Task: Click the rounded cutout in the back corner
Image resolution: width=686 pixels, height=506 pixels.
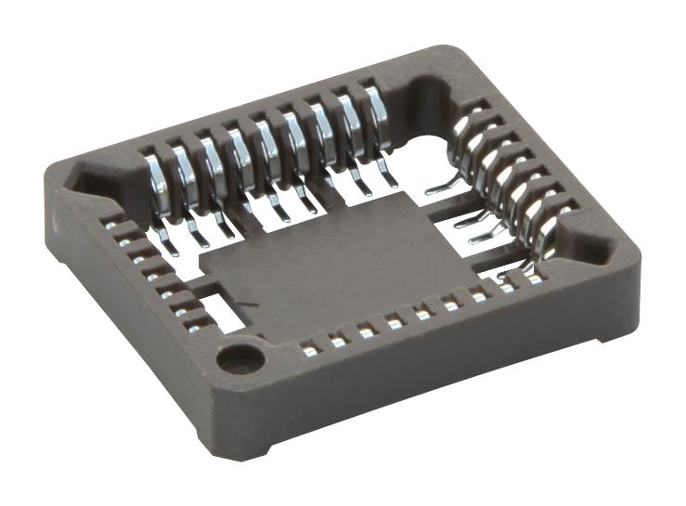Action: (x=429, y=93)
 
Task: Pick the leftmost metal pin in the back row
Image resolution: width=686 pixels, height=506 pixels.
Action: (x=155, y=182)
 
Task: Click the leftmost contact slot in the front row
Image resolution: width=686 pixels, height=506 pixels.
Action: (x=309, y=350)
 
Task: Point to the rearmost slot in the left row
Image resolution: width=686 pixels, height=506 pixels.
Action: (x=110, y=224)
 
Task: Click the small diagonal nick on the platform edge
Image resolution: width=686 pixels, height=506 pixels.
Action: (x=243, y=307)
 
